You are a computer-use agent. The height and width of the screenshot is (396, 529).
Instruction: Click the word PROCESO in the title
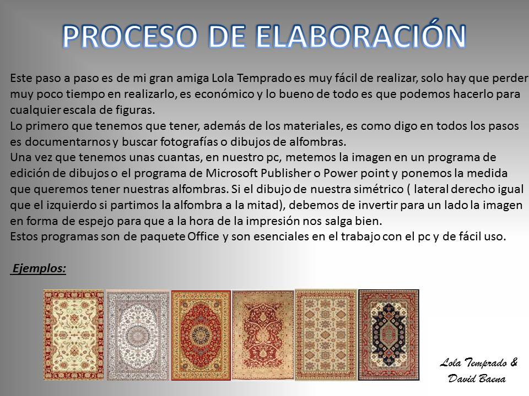coord(129,36)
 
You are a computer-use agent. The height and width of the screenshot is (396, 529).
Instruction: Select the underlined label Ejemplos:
coord(39,269)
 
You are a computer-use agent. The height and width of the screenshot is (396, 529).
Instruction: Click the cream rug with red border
coord(73,335)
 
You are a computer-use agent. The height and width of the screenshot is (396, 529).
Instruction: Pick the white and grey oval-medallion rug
coord(138,335)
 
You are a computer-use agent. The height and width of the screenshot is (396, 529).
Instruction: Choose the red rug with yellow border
coord(201,335)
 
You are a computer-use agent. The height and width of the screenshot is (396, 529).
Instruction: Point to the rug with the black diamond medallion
coord(388,335)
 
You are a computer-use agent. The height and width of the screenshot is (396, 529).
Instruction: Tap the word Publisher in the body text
coord(286,173)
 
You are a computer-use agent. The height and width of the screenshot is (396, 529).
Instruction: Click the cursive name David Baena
coord(477,378)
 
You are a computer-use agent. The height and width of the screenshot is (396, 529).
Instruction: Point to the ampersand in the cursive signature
coord(514,362)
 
